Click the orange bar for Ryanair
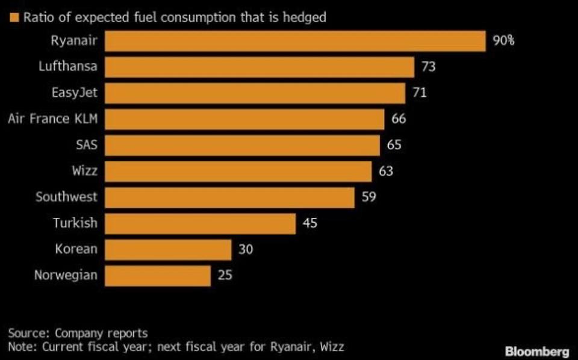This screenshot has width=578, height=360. point(295,42)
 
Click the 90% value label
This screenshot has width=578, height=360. point(503,42)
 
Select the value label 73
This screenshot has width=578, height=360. point(428,67)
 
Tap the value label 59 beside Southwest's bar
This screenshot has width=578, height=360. point(368,197)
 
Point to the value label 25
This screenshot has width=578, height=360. point(225,276)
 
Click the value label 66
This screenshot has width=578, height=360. point(399,119)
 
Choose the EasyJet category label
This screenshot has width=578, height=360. point(74,93)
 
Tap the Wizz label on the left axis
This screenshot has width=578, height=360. point(84,171)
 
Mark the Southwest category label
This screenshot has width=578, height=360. point(66,197)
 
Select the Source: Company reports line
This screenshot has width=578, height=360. point(78,333)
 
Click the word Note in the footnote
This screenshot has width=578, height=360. point(20,347)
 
